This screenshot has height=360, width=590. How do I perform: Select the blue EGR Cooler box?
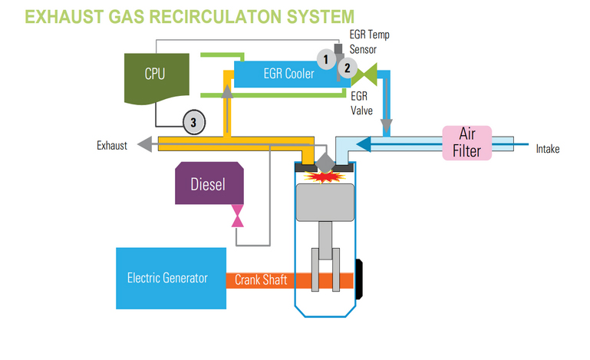(x=276, y=74)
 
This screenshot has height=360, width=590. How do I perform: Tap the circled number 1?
(x=326, y=58)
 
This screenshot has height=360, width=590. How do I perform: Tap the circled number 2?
(x=347, y=68)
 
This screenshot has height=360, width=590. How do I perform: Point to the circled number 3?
(x=194, y=121)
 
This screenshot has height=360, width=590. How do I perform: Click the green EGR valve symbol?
(x=370, y=73)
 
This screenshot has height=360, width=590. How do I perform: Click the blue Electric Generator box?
(x=170, y=278)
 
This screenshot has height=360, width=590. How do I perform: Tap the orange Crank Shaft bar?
(x=261, y=280)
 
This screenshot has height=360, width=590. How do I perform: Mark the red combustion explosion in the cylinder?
(x=325, y=177)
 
